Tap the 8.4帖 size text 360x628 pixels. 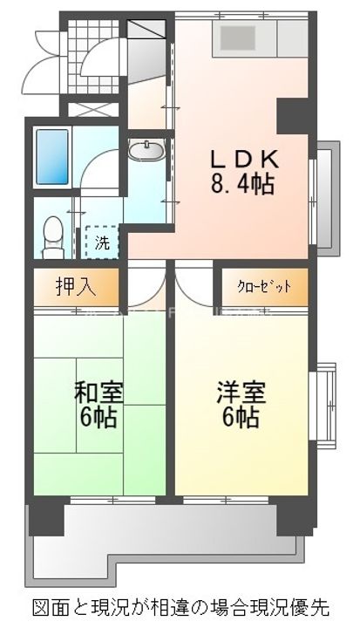point(242,183)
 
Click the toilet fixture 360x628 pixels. point(52,234)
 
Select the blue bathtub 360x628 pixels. point(52,157)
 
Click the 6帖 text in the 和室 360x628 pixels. point(98,416)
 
